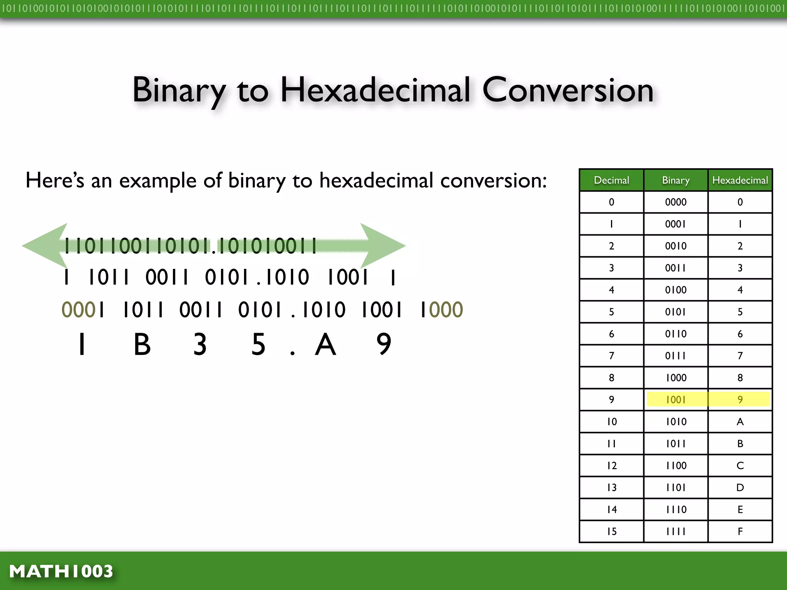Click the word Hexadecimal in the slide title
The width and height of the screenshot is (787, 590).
pos(375,91)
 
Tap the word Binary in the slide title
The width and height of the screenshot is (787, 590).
pos(179,91)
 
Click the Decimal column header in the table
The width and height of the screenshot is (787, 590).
pos(611,180)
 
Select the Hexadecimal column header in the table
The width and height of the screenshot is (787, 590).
pos(740,180)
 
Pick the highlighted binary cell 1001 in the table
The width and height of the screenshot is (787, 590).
pos(676,399)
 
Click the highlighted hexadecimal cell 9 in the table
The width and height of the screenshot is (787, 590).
pos(740,399)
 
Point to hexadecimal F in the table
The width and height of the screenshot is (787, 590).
pos(740,531)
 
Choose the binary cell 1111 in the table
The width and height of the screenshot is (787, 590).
pos(676,531)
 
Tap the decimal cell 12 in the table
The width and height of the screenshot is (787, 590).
pos(612,466)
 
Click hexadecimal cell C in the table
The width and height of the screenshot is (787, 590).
pos(740,466)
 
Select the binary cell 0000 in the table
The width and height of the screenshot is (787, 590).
pos(676,202)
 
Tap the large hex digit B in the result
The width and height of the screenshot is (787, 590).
pos(142,344)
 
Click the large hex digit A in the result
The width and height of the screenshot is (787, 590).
pos(325,344)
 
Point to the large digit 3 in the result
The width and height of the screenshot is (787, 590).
pos(200,344)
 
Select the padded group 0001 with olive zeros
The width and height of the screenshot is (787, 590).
pos(83,310)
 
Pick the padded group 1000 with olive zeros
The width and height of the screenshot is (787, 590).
pos(442,310)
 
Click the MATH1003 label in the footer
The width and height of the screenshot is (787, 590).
pos(61,571)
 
